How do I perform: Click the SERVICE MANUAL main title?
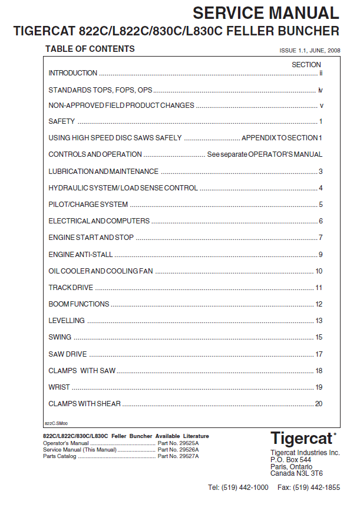pos(266,12)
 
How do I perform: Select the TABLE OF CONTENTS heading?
pos(90,49)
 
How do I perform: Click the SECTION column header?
pos(306,65)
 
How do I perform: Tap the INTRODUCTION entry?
pos(72,73)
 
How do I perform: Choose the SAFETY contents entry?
pos(62,121)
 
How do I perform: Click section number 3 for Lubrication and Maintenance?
pos(321,172)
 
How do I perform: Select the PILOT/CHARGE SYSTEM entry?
pos(88,205)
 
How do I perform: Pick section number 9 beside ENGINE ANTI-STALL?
pos(321,255)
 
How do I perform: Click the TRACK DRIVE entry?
pos(71,288)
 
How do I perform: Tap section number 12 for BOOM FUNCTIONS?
pos(319,304)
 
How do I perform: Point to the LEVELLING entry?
pos(67,321)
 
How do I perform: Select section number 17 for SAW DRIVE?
pos(319,354)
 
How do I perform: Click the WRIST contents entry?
pos(59,387)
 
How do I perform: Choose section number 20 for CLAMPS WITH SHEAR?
pos(319,404)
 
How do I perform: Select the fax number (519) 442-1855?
pos(317,488)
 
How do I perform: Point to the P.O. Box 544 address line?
pos(290,460)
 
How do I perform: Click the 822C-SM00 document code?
pos(57,423)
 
